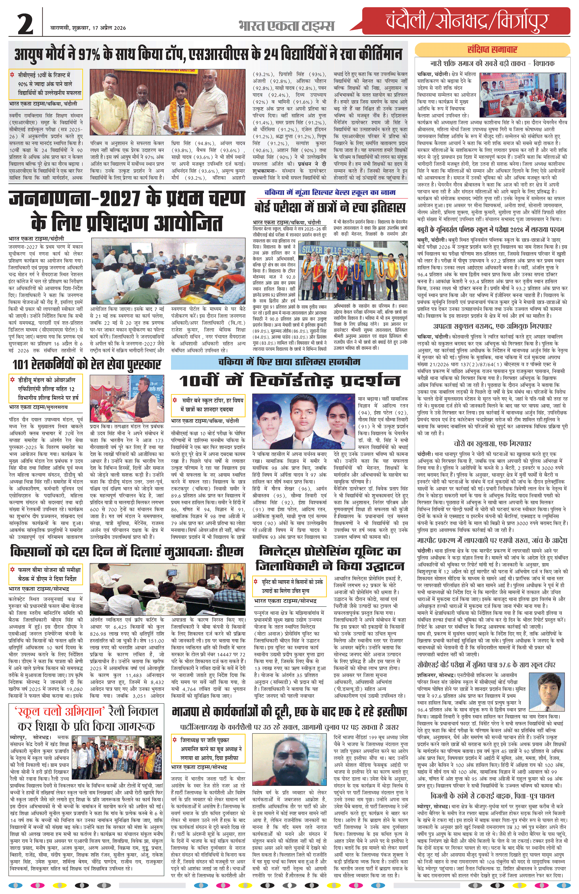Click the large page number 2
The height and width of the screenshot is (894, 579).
(x=25, y=25)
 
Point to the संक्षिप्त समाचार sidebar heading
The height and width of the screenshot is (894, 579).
(x=492, y=50)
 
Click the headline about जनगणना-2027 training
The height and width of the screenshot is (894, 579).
(x=127, y=211)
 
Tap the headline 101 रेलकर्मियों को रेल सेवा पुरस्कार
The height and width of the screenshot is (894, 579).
(x=87, y=364)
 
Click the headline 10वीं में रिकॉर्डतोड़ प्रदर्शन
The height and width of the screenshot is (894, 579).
(x=289, y=380)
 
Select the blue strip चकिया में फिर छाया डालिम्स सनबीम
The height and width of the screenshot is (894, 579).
(x=289, y=362)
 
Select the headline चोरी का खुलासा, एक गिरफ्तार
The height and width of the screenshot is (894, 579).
(x=492, y=444)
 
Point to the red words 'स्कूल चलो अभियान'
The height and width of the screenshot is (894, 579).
(x=60, y=711)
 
